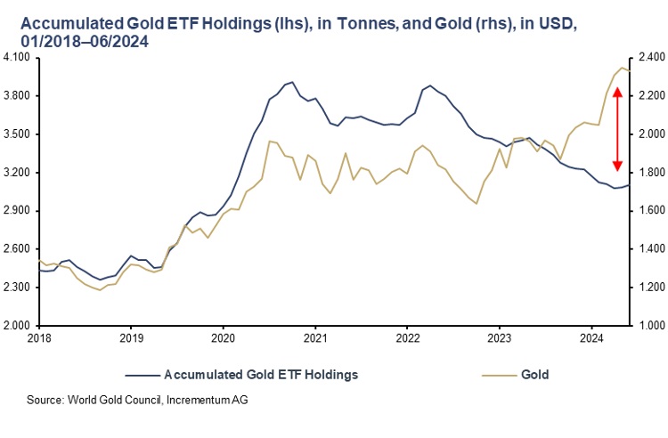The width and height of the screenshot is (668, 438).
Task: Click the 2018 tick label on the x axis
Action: point(38,338)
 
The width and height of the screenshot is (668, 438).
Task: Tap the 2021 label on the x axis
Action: point(315,338)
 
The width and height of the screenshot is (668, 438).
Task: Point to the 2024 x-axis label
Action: point(591,338)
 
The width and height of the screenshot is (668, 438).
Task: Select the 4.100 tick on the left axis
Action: point(17,58)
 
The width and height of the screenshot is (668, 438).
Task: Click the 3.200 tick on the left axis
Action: point(17,173)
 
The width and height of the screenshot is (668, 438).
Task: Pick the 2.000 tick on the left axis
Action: point(17,326)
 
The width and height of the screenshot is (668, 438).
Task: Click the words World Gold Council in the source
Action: point(114,400)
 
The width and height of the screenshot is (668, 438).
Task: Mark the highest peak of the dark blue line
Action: point(292,82)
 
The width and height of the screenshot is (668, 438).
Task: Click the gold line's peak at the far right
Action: point(622,68)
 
